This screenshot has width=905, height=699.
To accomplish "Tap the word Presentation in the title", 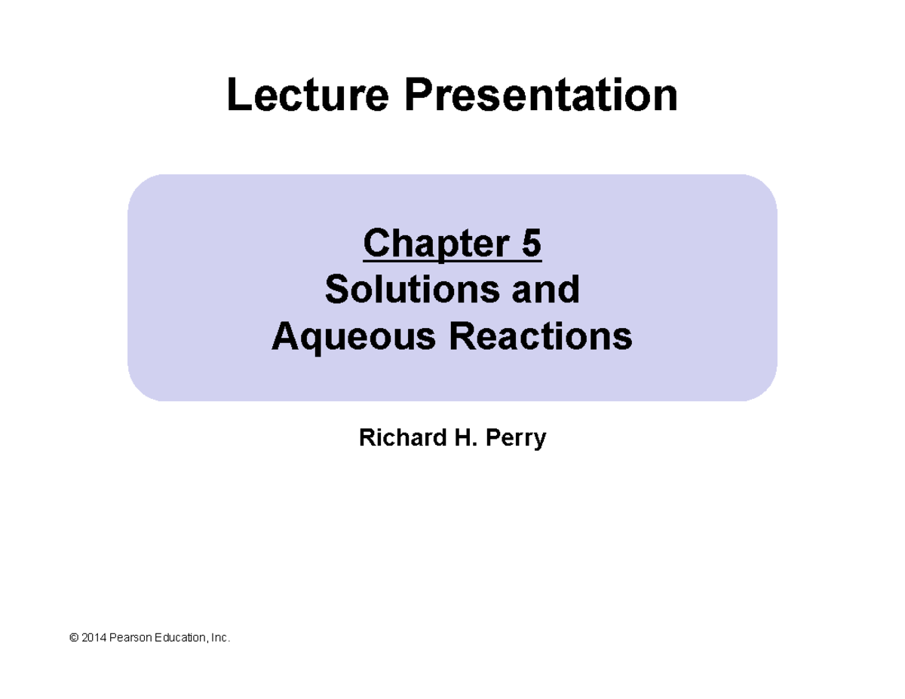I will (541, 96).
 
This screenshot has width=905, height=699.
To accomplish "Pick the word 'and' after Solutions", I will (549, 290).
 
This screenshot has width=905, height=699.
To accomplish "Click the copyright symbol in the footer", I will (73, 639).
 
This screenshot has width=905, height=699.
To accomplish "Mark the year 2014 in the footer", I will (94, 639).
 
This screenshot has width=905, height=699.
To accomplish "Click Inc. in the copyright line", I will (219, 639).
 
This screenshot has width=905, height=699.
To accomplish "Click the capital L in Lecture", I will (238, 96).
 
